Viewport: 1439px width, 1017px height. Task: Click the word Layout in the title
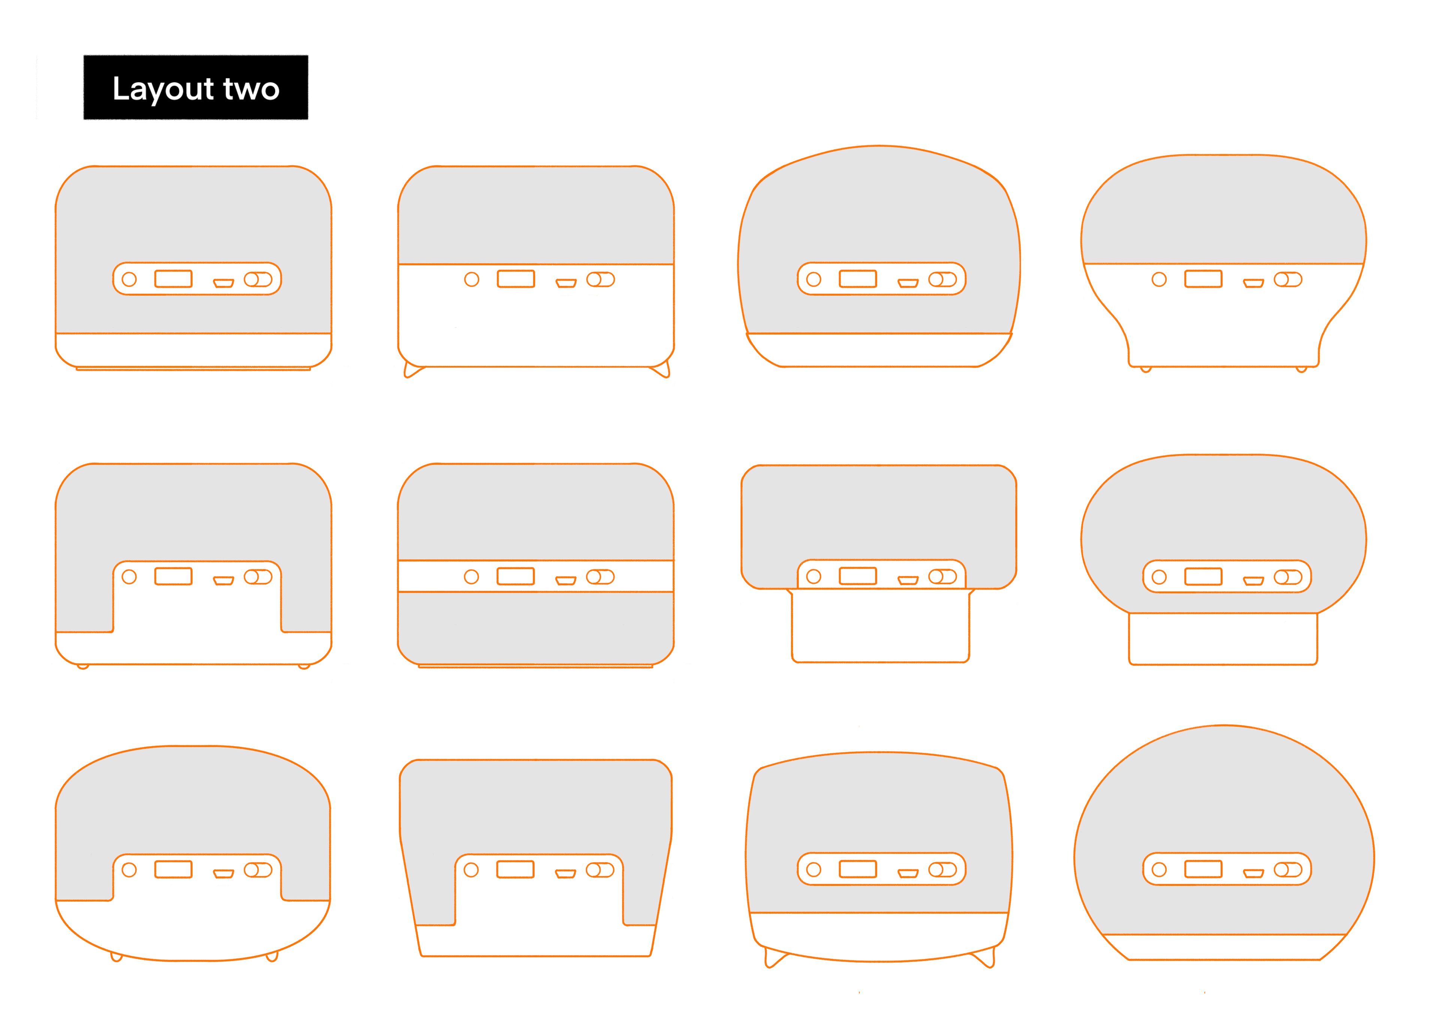tap(163, 89)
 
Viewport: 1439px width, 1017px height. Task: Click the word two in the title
tap(251, 89)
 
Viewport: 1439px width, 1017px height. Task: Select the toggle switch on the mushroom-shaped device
tap(1288, 279)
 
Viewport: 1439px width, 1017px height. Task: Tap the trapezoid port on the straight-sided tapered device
tap(565, 874)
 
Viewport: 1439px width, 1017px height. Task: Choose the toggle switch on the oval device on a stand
tap(1288, 576)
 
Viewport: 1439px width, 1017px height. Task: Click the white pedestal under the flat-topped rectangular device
tap(881, 625)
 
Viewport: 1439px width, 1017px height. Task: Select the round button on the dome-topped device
tap(814, 279)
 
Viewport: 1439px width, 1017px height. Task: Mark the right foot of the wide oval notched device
tap(272, 957)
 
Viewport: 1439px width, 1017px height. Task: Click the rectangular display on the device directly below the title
tap(174, 279)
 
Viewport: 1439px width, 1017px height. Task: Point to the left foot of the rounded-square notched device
tap(83, 667)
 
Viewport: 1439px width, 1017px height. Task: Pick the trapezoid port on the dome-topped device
tap(908, 283)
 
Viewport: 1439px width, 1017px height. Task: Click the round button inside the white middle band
tap(471, 576)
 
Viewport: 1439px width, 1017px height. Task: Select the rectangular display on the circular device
tap(1203, 869)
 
